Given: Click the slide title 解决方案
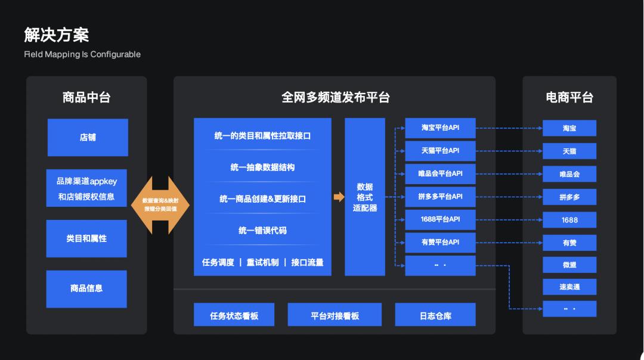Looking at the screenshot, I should [x=57, y=35].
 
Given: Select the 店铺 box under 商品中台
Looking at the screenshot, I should [x=88, y=137].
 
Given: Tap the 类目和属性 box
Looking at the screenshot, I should [x=86, y=238].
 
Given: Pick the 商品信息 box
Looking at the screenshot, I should [x=86, y=288].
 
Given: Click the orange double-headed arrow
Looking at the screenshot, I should [x=160, y=204].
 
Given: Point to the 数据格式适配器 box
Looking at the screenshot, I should [x=365, y=197].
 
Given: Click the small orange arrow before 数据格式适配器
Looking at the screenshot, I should [x=339, y=197].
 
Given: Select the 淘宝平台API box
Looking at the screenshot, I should [x=440, y=128].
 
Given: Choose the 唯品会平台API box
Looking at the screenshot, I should [x=440, y=173].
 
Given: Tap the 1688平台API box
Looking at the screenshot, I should [x=440, y=219].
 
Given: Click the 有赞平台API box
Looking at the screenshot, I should [x=440, y=242].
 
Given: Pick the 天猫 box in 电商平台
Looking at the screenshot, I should [x=569, y=151].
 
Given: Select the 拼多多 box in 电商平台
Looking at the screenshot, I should [x=569, y=197].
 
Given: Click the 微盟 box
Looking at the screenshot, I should [x=569, y=265].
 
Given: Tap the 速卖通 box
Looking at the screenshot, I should [x=569, y=287].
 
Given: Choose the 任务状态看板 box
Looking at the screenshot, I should [x=234, y=315].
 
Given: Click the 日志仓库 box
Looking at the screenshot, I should [x=435, y=315].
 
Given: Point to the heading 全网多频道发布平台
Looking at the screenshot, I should [x=335, y=97].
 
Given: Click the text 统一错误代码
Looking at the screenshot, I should [x=262, y=230].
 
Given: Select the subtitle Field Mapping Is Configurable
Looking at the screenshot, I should [x=82, y=54].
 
